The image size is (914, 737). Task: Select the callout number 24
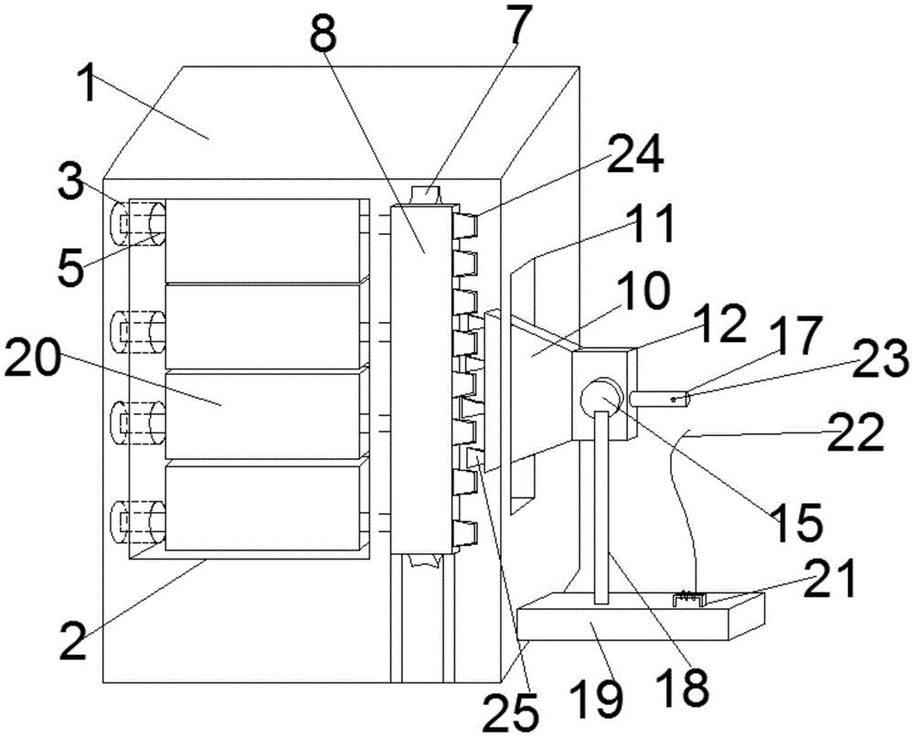click(x=634, y=155)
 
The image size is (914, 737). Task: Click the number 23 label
click(x=879, y=358)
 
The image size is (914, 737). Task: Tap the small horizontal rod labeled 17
click(x=660, y=400)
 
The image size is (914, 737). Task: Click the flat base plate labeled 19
click(x=640, y=615)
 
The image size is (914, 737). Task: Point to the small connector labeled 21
click(x=689, y=600)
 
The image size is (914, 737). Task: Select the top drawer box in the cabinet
click(x=262, y=240)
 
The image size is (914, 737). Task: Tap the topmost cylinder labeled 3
click(x=138, y=223)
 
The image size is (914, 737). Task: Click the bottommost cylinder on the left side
click(x=138, y=522)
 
